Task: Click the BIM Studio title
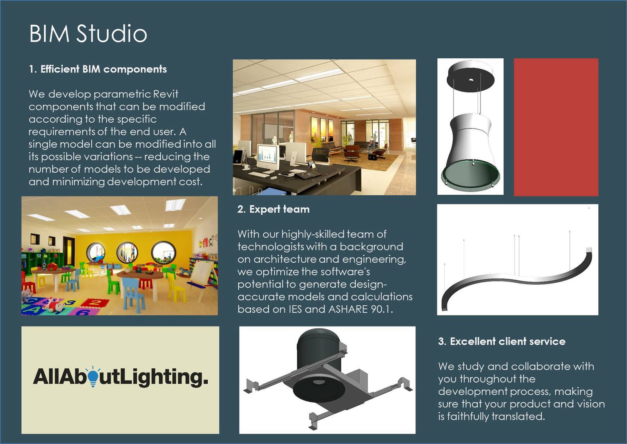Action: pos(88,34)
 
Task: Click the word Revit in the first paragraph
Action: pos(166,94)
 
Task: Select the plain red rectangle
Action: pos(556,127)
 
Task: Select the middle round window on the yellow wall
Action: pos(127,253)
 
